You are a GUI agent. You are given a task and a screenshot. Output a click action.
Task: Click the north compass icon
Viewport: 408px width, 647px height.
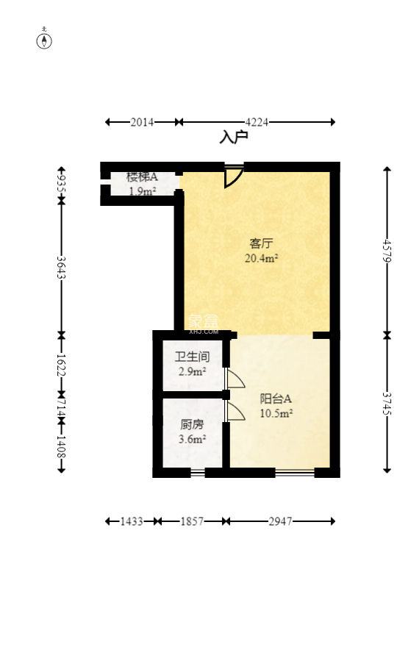[x=45, y=40]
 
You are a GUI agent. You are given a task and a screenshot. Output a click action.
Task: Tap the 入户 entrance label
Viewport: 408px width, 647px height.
[x=234, y=137]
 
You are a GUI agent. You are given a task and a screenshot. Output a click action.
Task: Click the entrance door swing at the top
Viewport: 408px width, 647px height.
[x=233, y=175]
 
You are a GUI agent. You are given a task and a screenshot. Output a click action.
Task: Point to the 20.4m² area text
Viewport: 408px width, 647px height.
[x=260, y=258]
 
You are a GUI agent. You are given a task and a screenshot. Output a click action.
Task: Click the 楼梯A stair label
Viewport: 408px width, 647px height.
[x=142, y=177]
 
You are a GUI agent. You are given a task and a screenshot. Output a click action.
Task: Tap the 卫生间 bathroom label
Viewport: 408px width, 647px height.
[x=192, y=357]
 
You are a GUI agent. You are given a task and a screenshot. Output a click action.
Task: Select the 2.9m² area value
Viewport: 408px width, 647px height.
[x=192, y=372]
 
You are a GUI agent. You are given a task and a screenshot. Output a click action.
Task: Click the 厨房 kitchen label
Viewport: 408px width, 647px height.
[x=192, y=424]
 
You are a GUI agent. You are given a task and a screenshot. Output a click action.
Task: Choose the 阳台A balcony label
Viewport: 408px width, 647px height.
[x=276, y=398]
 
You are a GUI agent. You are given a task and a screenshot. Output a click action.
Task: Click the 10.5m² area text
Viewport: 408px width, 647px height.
[x=276, y=413]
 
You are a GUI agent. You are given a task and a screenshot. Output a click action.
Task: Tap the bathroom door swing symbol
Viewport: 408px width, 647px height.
[x=235, y=379]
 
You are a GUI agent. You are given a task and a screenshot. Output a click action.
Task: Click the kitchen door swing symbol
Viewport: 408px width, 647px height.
[x=235, y=411]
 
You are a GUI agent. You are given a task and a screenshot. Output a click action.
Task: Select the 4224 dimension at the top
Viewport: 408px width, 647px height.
[x=257, y=122]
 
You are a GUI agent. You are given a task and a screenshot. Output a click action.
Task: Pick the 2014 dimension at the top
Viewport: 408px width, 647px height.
[x=142, y=122]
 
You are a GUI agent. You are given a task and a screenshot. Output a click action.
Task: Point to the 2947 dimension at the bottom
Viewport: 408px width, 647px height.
[x=280, y=521]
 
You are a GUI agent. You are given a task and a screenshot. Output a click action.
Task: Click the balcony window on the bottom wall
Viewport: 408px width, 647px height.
[x=294, y=473]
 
